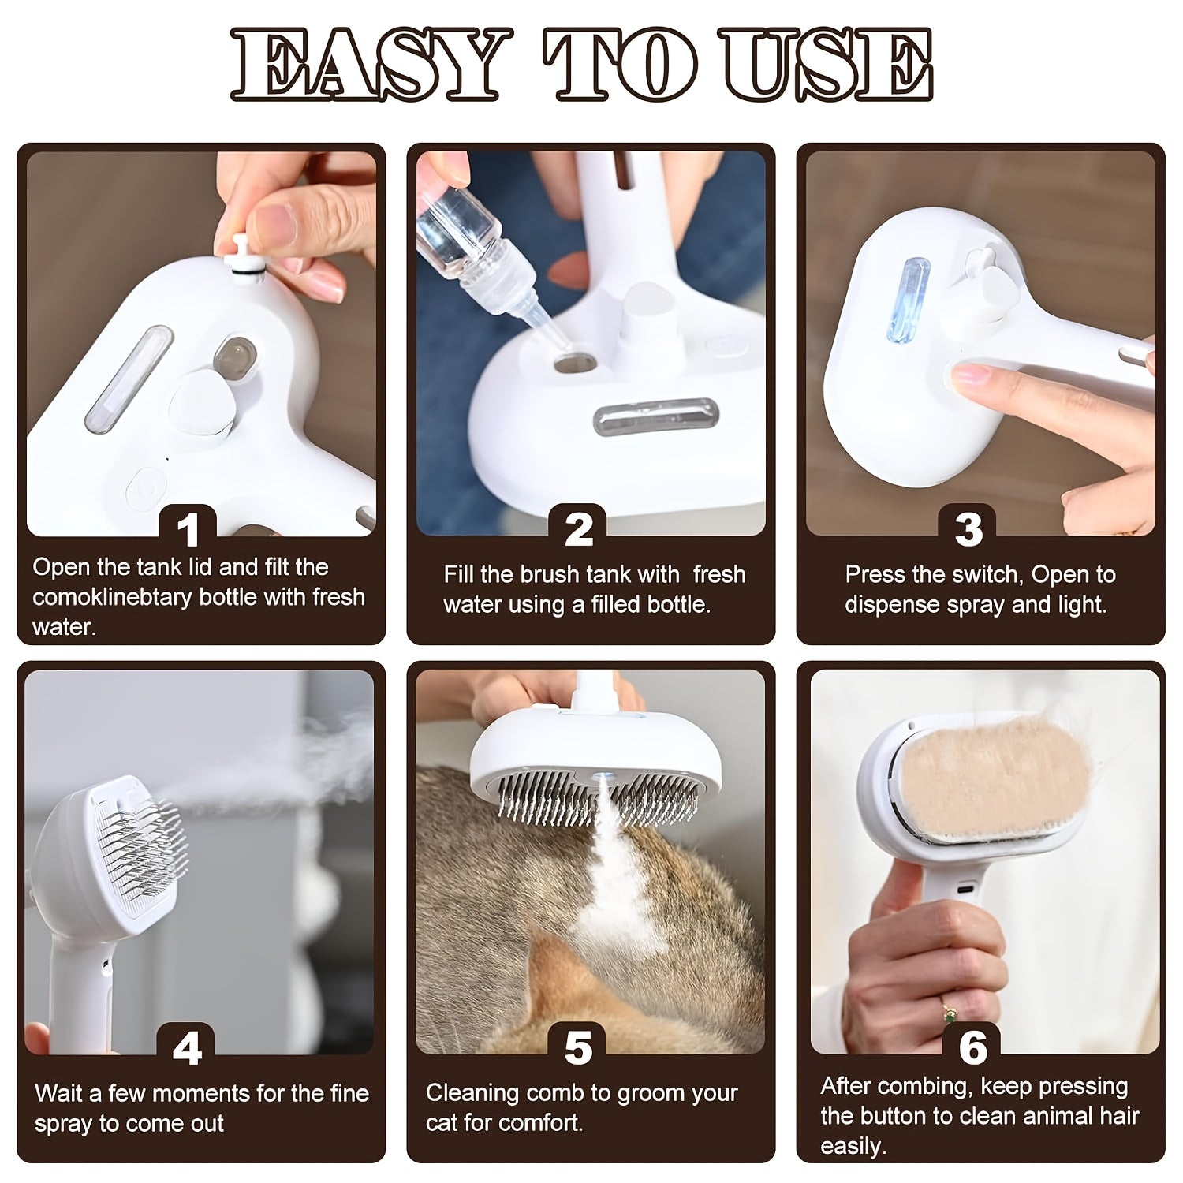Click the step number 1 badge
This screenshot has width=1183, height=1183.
(x=188, y=529)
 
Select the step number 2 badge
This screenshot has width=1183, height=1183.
(x=579, y=529)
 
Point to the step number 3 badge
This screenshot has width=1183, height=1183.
(x=968, y=529)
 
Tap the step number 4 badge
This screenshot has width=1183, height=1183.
(x=187, y=1049)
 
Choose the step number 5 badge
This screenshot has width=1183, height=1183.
(x=579, y=1049)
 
